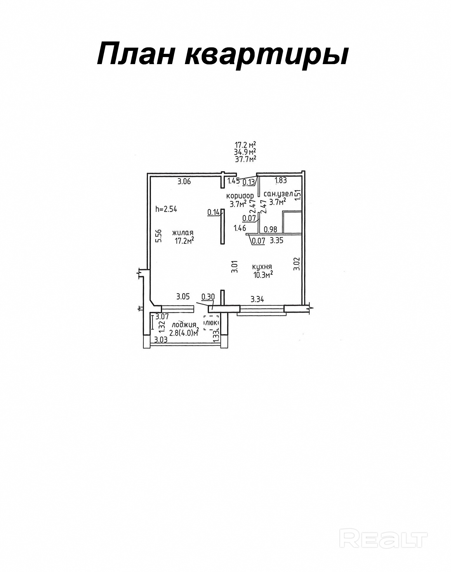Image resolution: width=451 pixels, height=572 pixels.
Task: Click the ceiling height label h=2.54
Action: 166,209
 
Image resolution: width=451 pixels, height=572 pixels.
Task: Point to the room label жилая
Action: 183,233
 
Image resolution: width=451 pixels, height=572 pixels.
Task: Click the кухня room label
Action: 262,267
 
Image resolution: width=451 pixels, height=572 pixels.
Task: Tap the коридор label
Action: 240,196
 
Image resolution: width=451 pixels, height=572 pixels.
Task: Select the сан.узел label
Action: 278,194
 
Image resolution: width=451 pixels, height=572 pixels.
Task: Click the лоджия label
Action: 184,325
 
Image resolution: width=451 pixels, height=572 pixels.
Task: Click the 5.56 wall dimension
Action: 159,236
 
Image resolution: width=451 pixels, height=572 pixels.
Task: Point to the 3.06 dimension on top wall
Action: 184,181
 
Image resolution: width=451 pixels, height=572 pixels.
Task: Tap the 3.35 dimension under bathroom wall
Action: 276,241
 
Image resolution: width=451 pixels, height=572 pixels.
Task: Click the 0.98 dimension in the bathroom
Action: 270,229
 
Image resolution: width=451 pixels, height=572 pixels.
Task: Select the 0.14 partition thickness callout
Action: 213,212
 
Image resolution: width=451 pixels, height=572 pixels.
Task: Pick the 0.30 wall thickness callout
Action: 208,296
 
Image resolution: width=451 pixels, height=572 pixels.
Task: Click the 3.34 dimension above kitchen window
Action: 257,300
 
